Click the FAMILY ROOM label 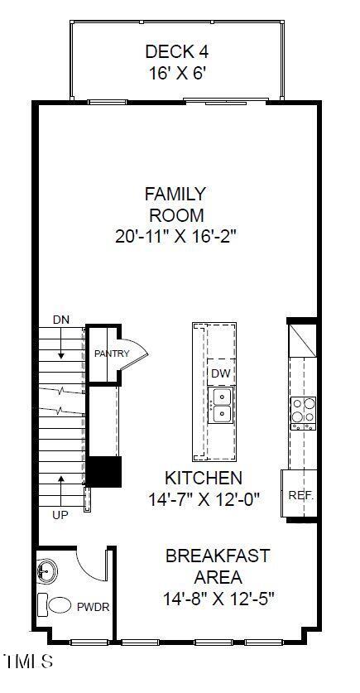click(175, 205)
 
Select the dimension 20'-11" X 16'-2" click(175, 236)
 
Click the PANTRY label click(112, 354)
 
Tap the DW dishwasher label click(219, 373)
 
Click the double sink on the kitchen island click(220, 407)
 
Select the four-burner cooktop click(302, 411)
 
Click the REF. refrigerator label click(299, 495)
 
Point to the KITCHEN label click(204, 478)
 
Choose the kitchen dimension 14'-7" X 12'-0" click(204, 499)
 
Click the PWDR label click(94, 607)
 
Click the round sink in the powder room click(47, 571)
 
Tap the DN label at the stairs click(61, 320)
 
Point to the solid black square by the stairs click(105, 471)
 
